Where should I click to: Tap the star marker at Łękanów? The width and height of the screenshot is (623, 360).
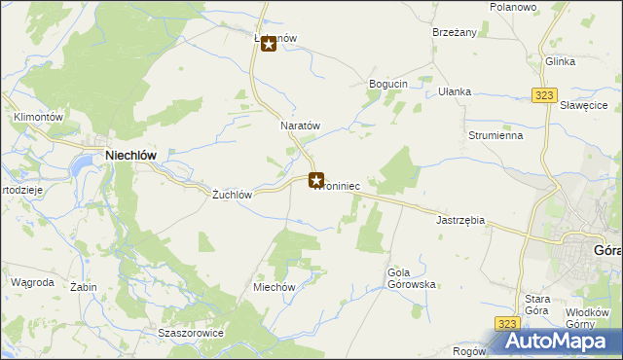269,45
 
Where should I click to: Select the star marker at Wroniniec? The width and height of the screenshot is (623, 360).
316,180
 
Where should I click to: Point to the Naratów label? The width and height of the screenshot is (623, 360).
300,126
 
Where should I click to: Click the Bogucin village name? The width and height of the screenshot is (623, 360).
387,85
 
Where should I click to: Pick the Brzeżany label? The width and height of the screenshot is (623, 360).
455,32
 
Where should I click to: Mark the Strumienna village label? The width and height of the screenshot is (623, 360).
495,136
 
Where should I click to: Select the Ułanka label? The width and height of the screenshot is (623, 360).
455,91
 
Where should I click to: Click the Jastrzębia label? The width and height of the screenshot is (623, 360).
460,220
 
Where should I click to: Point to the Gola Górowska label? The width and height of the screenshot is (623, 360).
411,278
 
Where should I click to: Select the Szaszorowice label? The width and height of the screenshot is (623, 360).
191,333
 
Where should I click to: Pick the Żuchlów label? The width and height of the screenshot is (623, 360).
233,195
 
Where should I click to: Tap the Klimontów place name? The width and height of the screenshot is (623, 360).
38,117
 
